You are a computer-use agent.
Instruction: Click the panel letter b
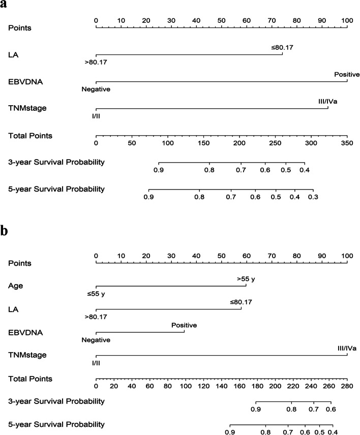point(5,232)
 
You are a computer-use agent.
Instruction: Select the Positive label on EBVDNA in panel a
point(347,74)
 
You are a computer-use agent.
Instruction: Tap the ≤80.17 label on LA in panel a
point(283,47)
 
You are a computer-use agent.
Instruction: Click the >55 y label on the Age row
point(246,279)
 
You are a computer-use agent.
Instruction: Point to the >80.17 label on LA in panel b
point(96,316)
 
